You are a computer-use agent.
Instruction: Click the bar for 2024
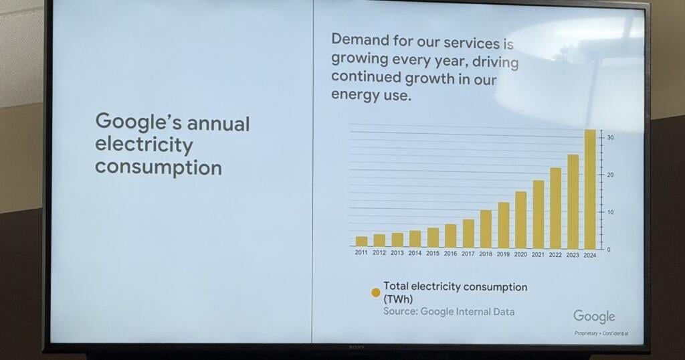pyautogui.click(x=590, y=189)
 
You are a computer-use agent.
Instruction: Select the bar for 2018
pyautogui.click(x=486, y=229)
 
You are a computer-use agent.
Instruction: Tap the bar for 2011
pyautogui.click(x=361, y=241)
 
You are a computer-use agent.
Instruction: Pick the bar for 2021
pyautogui.click(x=539, y=215)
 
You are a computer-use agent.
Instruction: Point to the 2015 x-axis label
pyautogui.click(x=433, y=253)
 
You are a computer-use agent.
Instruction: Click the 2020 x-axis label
pyautogui.click(x=520, y=254)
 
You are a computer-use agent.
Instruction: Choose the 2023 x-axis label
pyautogui.click(x=573, y=255)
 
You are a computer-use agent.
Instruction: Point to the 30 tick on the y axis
pyautogui.click(x=610, y=137)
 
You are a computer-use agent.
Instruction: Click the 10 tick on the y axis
pyautogui.click(x=610, y=212)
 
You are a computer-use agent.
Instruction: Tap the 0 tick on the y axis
pyautogui.click(x=608, y=250)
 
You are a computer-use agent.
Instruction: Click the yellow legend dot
pyautogui.click(x=376, y=292)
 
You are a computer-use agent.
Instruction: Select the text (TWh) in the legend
pyautogui.click(x=398, y=299)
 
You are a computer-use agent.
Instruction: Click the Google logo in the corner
pyautogui.click(x=594, y=317)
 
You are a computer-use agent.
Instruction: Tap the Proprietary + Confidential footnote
pyautogui.click(x=601, y=333)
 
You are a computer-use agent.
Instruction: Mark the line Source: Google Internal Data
pyautogui.click(x=449, y=312)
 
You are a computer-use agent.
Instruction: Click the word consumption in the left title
pyautogui.click(x=158, y=167)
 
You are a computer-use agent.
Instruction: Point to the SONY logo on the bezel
pyautogui.click(x=356, y=347)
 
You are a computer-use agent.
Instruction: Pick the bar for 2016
pyautogui.click(x=450, y=236)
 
